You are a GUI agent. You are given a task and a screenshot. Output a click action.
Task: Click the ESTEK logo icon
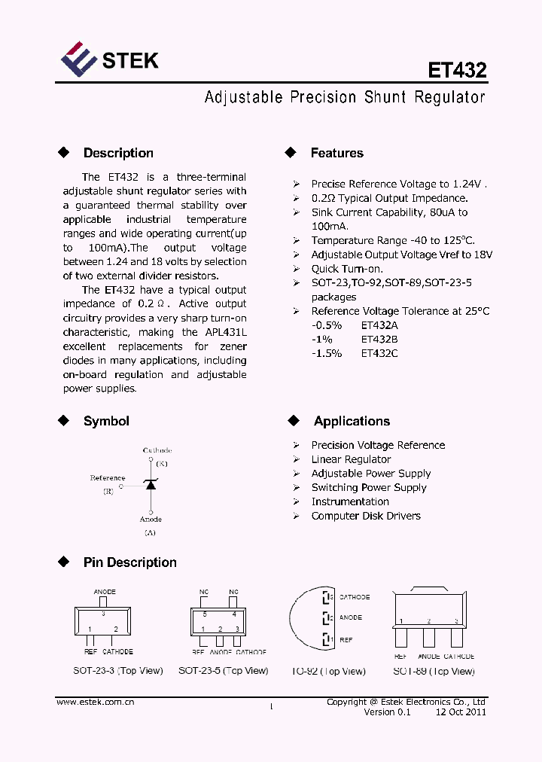79,60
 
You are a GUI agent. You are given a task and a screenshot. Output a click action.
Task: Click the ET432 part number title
457,70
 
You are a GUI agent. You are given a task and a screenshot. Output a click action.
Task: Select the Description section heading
118,153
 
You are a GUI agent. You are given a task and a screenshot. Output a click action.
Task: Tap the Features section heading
336,153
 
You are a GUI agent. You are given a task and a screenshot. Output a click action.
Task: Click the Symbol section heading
106,421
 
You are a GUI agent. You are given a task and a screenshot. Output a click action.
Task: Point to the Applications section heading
352,421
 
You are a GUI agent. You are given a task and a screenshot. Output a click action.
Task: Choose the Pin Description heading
129,562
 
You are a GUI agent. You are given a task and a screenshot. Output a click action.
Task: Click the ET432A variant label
380,325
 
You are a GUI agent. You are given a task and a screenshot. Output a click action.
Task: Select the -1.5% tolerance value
327,353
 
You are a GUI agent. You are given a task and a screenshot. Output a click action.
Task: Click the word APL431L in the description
224,332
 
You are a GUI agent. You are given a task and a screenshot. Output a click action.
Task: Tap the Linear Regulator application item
351,459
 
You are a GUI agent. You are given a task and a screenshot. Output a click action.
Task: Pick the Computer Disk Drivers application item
366,516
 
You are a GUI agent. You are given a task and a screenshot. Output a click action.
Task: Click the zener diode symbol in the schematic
150,485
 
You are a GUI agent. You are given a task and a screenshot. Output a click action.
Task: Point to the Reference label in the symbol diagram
108,478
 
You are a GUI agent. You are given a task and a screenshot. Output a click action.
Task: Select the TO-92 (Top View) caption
328,671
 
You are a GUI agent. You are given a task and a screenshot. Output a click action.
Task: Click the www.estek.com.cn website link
95,702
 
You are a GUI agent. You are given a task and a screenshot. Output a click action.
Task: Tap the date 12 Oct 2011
460,712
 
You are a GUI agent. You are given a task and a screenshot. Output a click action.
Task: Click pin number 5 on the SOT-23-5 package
204,614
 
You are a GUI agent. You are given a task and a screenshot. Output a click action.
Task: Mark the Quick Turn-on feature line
347,269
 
